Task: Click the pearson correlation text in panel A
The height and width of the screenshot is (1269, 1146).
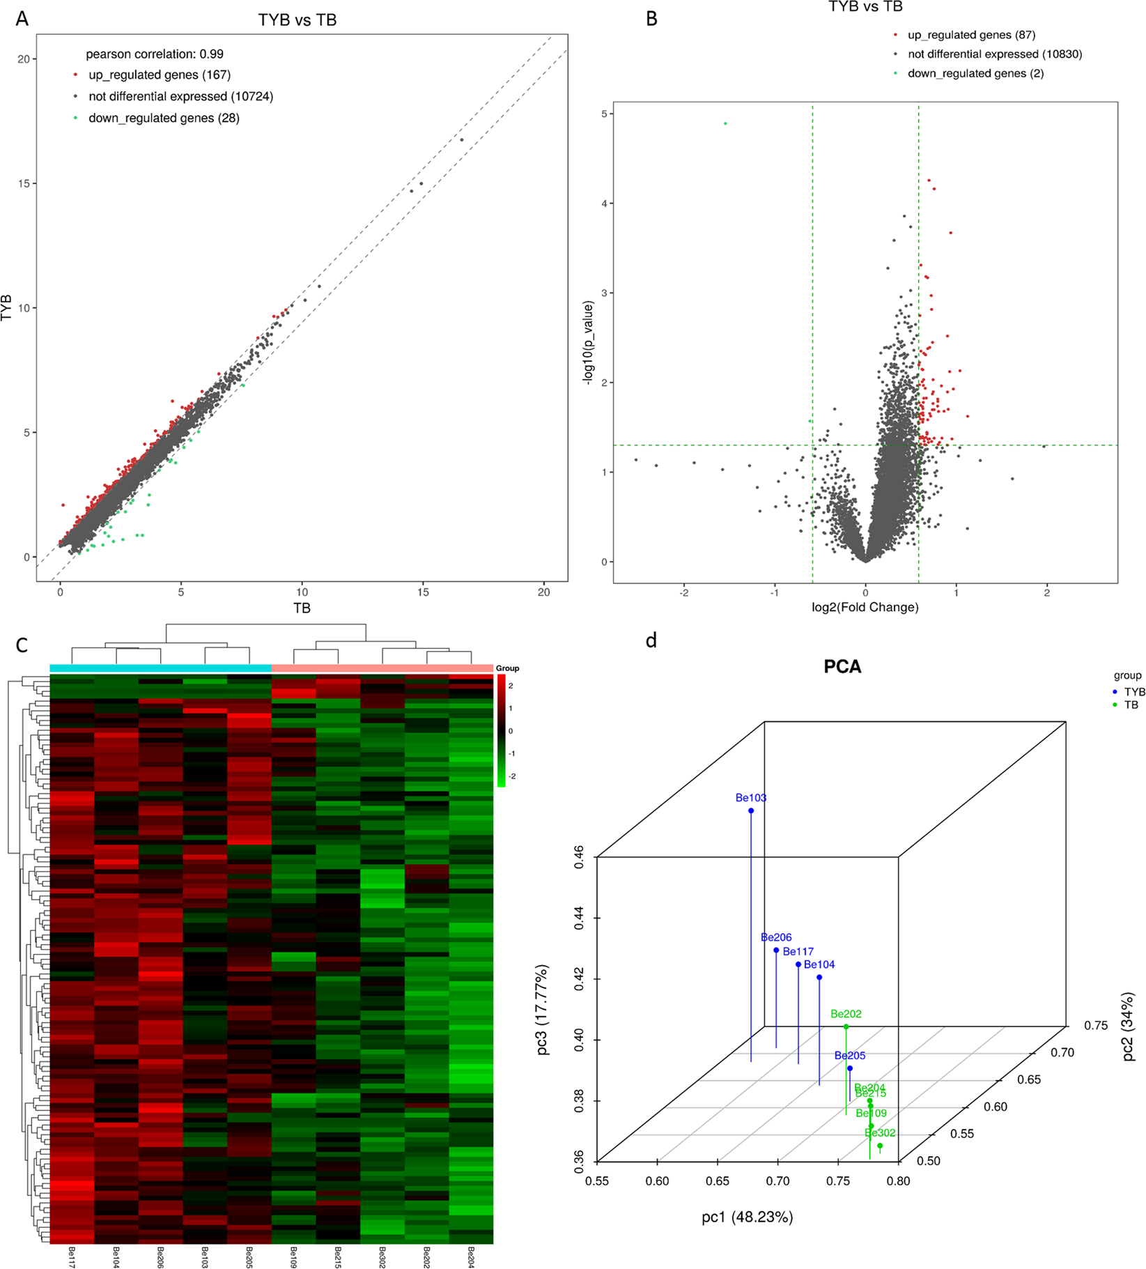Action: point(155,54)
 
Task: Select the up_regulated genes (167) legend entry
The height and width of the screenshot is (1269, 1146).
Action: point(159,75)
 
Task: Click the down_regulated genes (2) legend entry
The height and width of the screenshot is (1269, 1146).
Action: point(975,73)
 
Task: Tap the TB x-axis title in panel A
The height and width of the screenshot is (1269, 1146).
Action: point(302,608)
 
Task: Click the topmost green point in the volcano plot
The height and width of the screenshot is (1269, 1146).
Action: point(725,123)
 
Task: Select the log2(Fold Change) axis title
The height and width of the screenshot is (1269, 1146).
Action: point(865,607)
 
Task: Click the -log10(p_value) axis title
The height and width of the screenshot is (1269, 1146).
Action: point(589,342)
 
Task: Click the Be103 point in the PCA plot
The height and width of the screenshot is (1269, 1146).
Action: point(751,810)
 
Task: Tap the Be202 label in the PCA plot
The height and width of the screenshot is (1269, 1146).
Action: point(846,1013)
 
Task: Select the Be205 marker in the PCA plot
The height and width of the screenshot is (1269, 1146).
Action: point(849,1068)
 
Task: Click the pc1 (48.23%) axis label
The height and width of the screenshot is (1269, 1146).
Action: point(747,1217)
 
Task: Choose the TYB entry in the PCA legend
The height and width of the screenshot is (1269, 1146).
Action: point(1134,691)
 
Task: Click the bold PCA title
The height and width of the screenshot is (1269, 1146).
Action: point(842,667)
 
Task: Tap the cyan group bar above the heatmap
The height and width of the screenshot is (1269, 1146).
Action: point(160,668)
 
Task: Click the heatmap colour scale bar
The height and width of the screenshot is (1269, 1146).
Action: point(501,730)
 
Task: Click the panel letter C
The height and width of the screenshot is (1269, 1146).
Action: point(22,645)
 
